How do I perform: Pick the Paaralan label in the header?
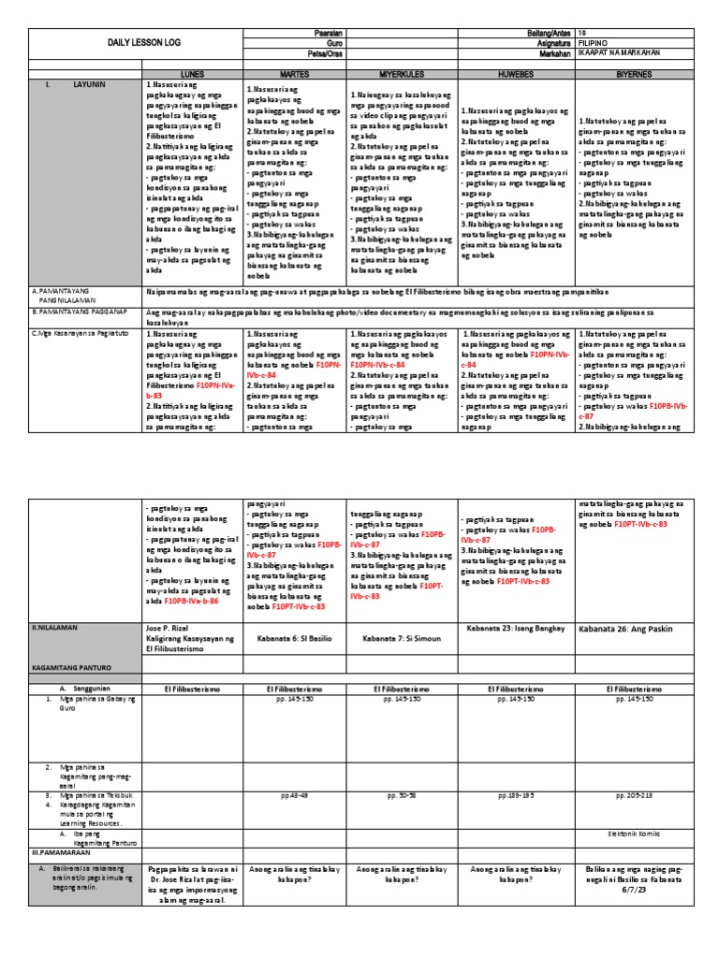click(x=325, y=32)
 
